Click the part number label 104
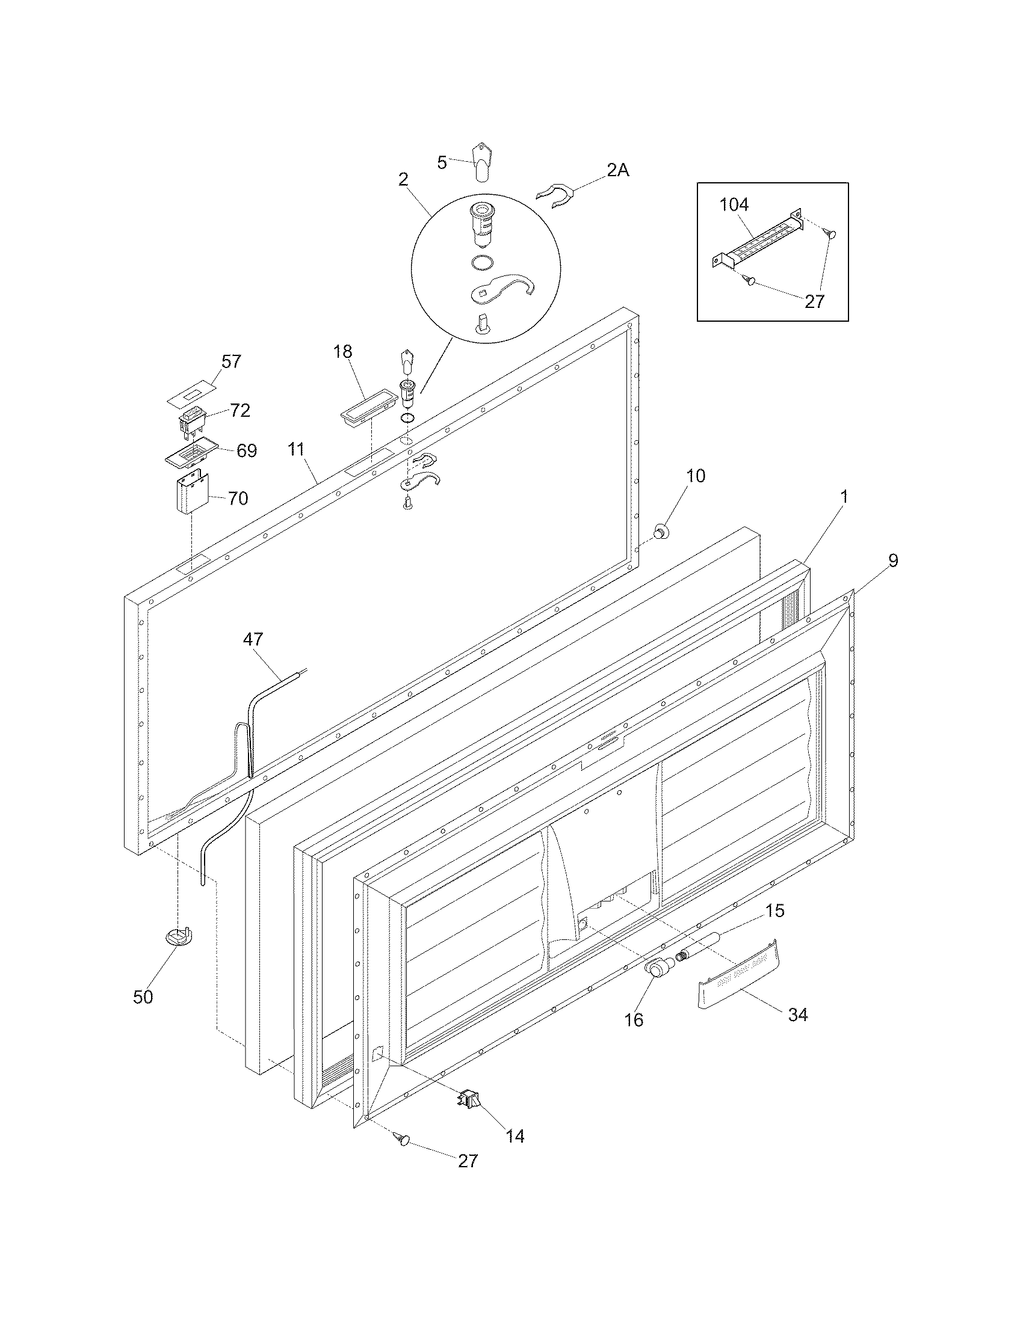click(734, 204)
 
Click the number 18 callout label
click(342, 351)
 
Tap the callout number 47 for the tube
click(253, 639)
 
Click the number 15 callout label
click(774, 910)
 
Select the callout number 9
click(892, 560)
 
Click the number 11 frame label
click(295, 449)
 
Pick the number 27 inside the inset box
click(815, 301)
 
